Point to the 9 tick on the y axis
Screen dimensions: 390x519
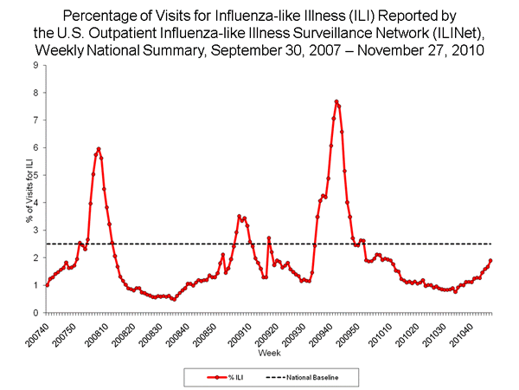click(35, 65)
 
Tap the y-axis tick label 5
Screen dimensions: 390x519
click(35, 175)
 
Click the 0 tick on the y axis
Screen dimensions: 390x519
click(35, 313)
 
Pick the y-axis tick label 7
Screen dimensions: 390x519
click(35, 120)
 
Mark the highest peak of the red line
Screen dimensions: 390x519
click(336, 101)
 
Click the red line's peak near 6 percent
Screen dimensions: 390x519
click(99, 149)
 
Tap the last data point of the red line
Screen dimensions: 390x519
click(490, 261)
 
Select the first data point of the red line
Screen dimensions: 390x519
click(46, 284)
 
